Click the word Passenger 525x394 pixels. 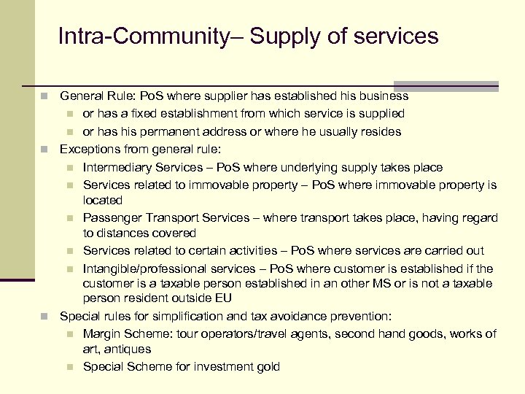pos(112,218)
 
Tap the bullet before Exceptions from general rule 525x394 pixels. pos(45,150)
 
